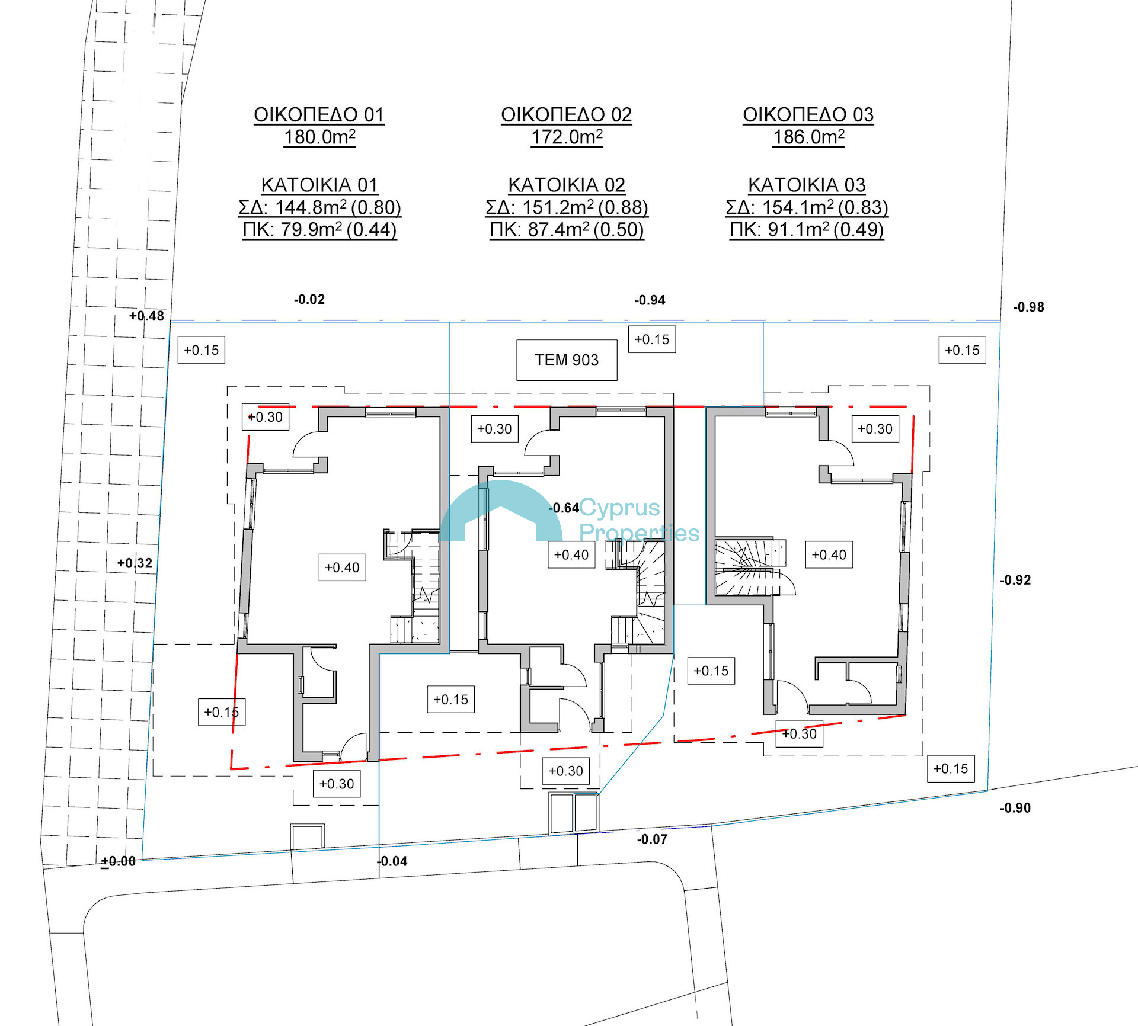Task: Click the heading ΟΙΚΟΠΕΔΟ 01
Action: coord(319,114)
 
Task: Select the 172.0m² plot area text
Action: coord(567,137)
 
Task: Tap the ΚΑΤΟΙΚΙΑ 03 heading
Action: coord(807,185)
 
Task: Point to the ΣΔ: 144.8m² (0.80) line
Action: coord(320,207)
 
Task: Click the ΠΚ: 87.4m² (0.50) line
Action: coord(567,229)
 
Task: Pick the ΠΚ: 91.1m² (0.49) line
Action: coord(807,229)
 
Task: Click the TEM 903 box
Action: coord(567,360)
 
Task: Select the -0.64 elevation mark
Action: coord(564,508)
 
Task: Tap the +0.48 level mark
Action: coord(146,316)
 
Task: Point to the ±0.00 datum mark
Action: coord(119,861)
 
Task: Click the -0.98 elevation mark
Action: coord(1028,307)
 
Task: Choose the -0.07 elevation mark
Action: coord(652,839)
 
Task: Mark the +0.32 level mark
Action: coord(135,563)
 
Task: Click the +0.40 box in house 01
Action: coord(342,567)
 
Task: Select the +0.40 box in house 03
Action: coord(829,554)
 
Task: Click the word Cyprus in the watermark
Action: coord(619,508)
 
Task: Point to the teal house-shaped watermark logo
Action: coord(501,511)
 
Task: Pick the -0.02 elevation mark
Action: coord(309,299)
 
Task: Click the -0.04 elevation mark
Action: coord(392,861)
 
